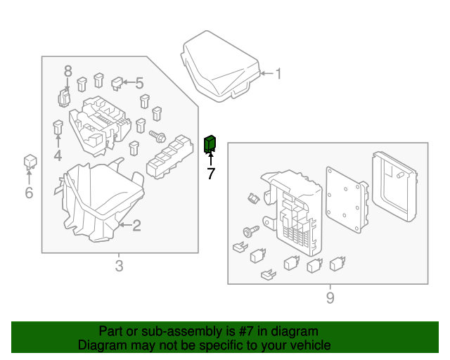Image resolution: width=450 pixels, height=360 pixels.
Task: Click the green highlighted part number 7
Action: coord(210,144)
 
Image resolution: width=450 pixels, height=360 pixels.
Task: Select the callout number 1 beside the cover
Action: coord(278,73)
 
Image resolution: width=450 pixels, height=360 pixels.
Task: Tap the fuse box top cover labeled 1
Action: coord(219,64)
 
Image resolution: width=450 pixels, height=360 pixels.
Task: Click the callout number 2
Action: coord(136,226)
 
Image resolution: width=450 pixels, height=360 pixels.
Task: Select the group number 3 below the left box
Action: coord(119,266)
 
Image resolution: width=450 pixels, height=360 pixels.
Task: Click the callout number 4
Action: coord(57,155)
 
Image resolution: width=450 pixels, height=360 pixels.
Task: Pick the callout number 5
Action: coord(139,84)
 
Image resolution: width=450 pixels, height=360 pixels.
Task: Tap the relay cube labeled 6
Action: coord(30,161)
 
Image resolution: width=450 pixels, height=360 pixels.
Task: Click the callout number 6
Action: coord(29,192)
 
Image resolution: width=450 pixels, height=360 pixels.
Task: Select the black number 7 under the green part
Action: coord(211,174)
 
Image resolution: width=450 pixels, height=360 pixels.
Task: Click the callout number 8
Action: coord(68,70)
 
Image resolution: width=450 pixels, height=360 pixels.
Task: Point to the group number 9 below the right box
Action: coord(330,298)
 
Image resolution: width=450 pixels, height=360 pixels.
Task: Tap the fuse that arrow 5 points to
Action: coord(117,85)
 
